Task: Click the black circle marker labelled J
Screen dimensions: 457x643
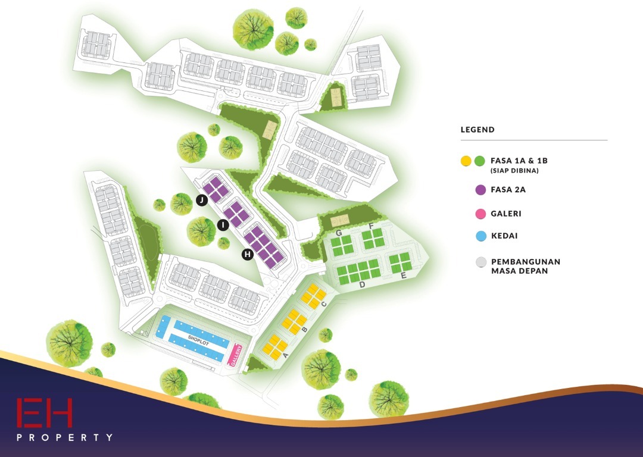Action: click(x=202, y=201)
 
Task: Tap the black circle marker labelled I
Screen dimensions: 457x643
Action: click(x=223, y=225)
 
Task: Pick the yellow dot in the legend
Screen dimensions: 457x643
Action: click(x=466, y=161)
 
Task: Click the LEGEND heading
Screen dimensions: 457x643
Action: click(x=477, y=130)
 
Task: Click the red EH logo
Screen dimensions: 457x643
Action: click(x=45, y=413)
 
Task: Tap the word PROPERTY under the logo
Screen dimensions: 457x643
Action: click(x=64, y=437)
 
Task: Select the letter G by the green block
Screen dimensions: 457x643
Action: click(x=338, y=233)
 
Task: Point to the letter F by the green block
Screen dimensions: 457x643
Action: click(x=371, y=226)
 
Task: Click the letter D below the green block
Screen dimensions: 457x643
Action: click(x=361, y=286)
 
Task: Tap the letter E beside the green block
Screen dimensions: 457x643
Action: click(x=403, y=276)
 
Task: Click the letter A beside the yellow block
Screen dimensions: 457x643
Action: click(x=285, y=355)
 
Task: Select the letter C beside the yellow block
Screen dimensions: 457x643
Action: click(x=324, y=305)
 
